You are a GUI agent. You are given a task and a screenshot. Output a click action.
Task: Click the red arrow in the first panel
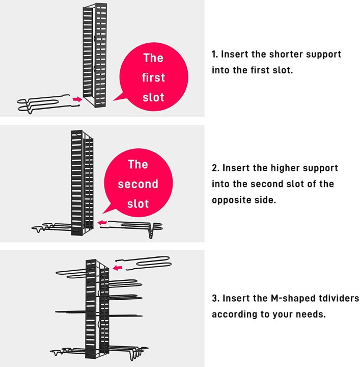(77, 98)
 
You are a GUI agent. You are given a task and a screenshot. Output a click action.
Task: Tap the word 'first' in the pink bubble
(153, 77)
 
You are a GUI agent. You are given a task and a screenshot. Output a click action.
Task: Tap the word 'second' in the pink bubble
(138, 184)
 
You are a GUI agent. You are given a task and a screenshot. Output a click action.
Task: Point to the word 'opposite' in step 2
(233, 200)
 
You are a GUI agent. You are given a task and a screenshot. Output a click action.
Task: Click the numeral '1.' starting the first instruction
(215, 54)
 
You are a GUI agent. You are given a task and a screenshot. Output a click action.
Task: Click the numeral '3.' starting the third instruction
(215, 298)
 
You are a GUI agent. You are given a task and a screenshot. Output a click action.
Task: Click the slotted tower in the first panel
(95, 56)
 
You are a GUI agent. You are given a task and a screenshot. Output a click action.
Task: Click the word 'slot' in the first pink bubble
(153, 97)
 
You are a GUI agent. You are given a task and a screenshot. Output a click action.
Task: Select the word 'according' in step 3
(235, 314)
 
